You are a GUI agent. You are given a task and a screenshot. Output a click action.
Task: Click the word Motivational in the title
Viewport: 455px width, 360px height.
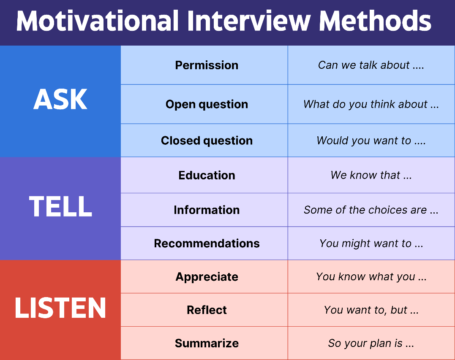98,21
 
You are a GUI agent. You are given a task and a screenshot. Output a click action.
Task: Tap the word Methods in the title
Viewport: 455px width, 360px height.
375,21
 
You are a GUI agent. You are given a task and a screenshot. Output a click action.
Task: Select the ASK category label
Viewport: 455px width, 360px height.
60,99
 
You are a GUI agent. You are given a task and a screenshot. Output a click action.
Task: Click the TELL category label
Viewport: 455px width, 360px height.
60,206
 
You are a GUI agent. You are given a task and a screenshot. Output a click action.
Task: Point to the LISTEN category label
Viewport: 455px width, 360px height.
60,308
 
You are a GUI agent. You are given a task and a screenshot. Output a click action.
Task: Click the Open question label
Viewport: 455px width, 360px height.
207,104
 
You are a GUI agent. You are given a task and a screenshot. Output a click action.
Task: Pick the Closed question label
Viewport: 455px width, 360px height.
207,141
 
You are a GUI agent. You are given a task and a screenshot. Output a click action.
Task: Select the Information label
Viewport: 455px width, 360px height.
207,210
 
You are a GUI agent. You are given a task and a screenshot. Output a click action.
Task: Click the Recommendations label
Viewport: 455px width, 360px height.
207,244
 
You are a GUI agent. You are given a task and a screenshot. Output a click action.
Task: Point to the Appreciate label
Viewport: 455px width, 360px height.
207,277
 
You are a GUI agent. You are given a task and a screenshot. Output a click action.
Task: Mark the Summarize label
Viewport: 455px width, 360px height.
207,343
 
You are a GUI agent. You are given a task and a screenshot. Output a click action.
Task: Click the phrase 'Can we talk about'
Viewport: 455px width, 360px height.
364,65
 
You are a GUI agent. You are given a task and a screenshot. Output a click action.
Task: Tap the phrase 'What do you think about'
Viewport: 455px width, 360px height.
365,104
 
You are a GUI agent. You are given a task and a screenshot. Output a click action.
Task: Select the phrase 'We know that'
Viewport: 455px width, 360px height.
365,175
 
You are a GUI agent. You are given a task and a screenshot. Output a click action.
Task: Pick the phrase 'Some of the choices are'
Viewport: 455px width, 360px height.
365,210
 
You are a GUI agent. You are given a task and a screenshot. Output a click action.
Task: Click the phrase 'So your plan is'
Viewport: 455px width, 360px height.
365,344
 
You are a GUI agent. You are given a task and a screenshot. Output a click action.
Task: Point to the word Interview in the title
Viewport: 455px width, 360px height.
249,21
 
